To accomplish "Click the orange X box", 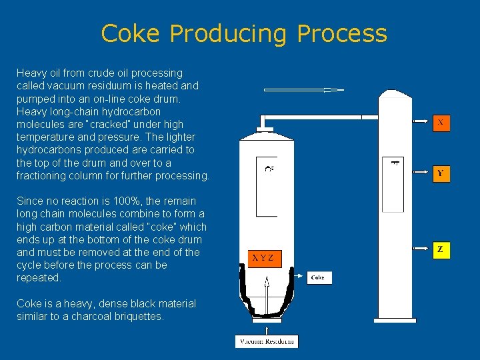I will [440, 123].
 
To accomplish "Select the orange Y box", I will [440, 173].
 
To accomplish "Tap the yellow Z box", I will [440, 250].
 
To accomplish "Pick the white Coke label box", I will [319, 277].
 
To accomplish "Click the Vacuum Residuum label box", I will [267, 341].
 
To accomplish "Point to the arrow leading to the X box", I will [417, 123].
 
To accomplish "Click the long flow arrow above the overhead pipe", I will [303, 89].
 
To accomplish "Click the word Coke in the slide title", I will [131, 33].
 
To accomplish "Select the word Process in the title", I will [342, 33].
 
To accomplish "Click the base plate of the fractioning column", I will [395, 320].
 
